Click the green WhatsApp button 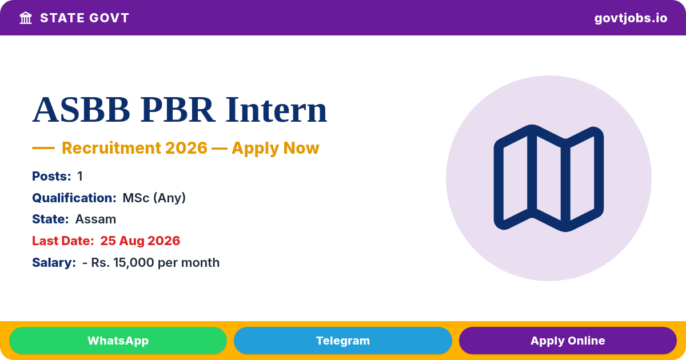click(118, 341)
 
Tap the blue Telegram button click(342, 341)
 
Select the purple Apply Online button click(568, 341)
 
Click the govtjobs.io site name click(631, 18)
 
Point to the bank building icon click(26, 18)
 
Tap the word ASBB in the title click(81, 110)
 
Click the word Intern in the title click(276, 110)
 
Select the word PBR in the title click(178, 110)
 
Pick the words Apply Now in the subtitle click(276, 148)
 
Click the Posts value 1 click(80, 177)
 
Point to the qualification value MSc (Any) click(154, 198)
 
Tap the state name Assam click(95, 219)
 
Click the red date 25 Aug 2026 click(140, 241)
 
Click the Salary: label click(54, 263)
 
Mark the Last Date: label click(63, 241)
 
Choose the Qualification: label click(74, 198)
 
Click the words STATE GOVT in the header click(85, 18)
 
